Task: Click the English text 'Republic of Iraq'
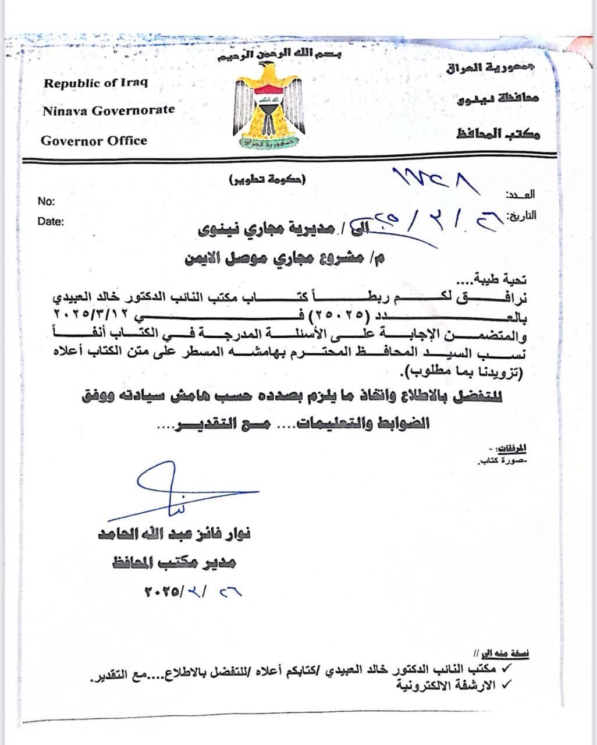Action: [x=95, y=83]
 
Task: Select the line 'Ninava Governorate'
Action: [x=108, y=110]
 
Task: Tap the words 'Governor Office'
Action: [x=94, y=140]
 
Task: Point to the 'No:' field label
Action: [x=46, y=201]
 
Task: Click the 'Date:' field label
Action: [x=51, y=221]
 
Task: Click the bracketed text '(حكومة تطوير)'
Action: [x=267, y=179]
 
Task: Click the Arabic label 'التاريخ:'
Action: [x=523, y=216]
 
